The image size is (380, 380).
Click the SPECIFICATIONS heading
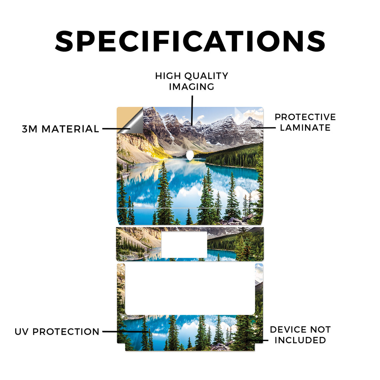[190, 41]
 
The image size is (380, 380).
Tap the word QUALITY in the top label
[206, 76]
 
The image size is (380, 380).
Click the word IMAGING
[192, 87]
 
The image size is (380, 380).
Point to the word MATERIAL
[70, 129]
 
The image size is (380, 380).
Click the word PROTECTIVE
[305, 117]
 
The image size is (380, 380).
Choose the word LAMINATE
[305, 128]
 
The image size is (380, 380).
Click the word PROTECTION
[66, 332]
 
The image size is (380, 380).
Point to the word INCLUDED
[300, 340]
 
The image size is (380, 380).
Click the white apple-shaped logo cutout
[190, 155]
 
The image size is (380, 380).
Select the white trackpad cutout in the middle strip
[184, 245]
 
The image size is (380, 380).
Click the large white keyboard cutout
[190, 289]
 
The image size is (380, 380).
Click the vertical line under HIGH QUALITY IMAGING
[192, 110]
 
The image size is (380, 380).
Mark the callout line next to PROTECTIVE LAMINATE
[263, 128]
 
